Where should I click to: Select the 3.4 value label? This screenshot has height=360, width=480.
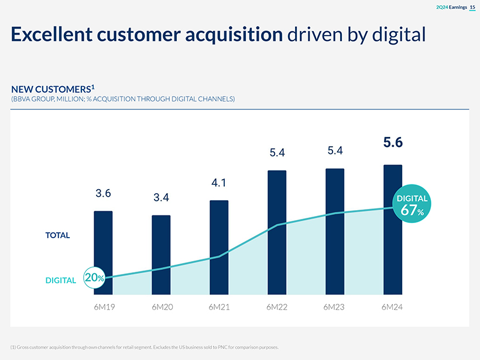[x=162, y=198]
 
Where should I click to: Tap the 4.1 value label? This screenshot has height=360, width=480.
[x=219, y=183]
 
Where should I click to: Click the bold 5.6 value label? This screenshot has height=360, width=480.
[x=393, y=142]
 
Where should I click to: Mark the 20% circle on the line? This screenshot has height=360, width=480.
[x=94, y=278]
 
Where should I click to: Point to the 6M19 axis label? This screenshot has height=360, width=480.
[x=104, y=307]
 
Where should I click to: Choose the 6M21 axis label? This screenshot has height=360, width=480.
[x=219, y=307]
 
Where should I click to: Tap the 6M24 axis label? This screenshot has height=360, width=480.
[x=393, y=307]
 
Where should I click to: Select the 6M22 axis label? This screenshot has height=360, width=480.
[x=277, y=307]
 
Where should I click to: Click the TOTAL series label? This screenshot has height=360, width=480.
[x=57, y=235]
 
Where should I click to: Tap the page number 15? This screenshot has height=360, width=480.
[x=472, y=7]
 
